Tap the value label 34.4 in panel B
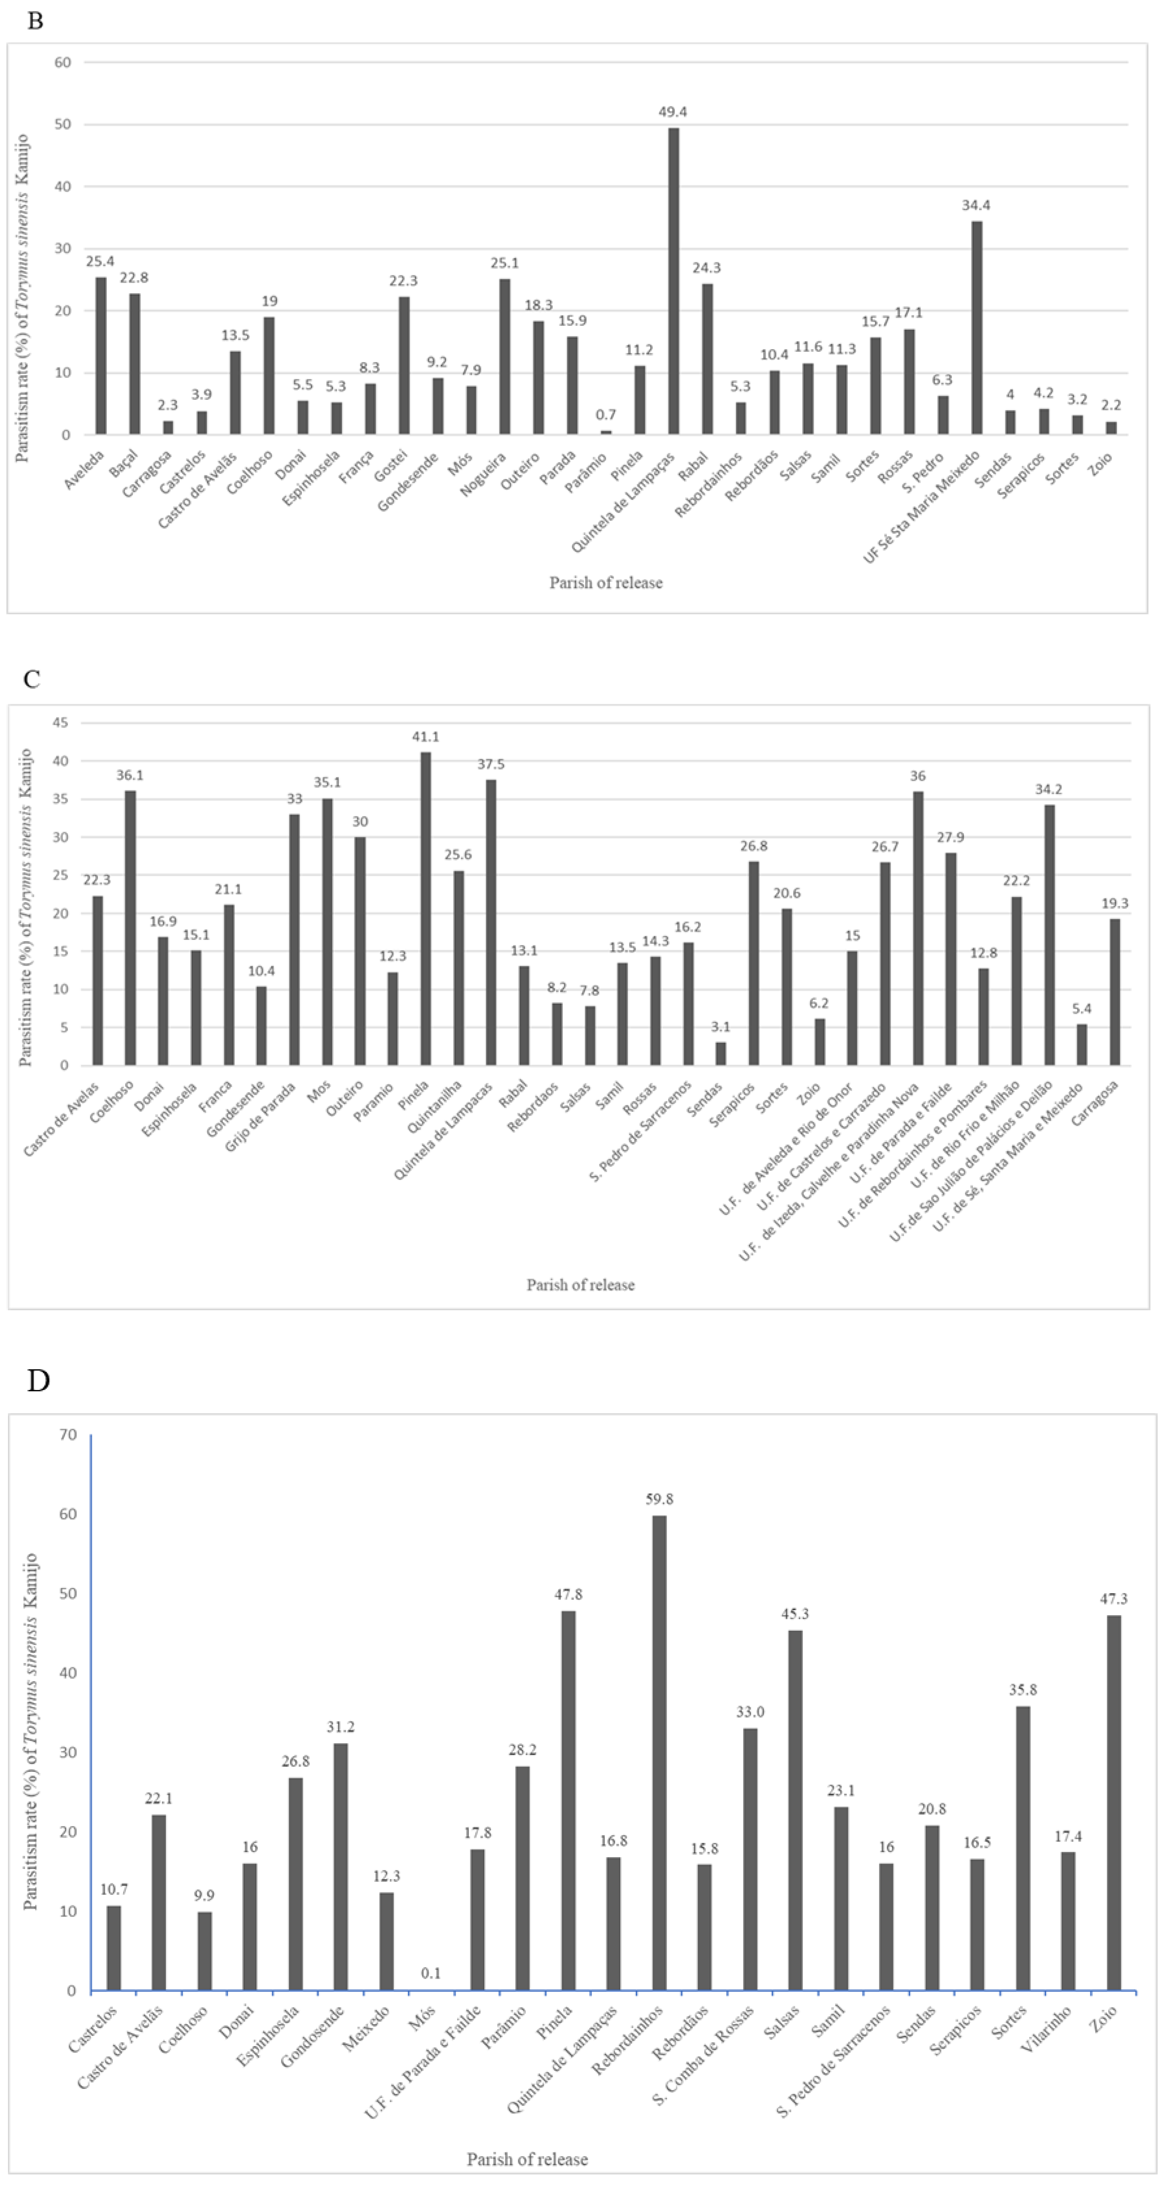pyautogui.click(x=976, y=205)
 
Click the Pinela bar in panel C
pyautogui.click(x=425, y=908)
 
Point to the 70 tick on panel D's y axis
pyautogui.click(x=68, y=1435)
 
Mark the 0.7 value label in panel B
pyautogui.click(x=606, y=415)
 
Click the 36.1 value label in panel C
pyautogui.click(x=131, y=776)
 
